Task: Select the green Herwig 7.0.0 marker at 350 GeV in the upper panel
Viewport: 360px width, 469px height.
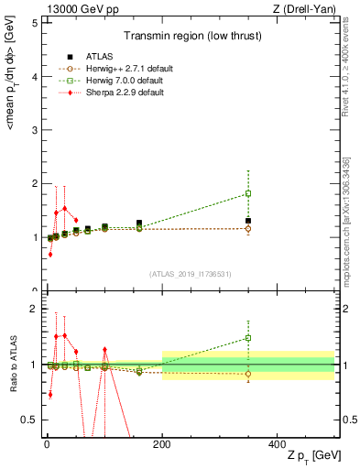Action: pyautogui.click(x=248, y=193)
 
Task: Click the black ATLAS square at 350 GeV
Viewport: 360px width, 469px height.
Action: pyautogui.click(x=248, y=221)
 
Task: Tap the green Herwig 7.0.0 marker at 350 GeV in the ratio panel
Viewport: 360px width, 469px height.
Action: pyautogui.click(x=248, y=338)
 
